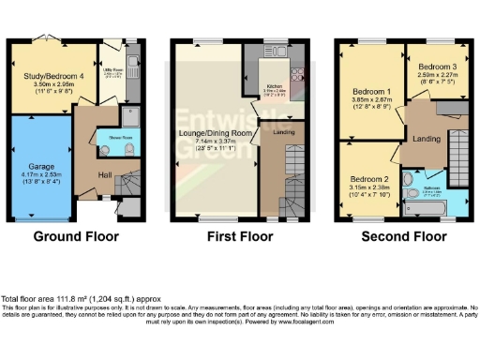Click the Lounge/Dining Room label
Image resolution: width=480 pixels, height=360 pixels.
tap(211, 134)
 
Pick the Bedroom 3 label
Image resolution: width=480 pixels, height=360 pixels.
tap(437, 67)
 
